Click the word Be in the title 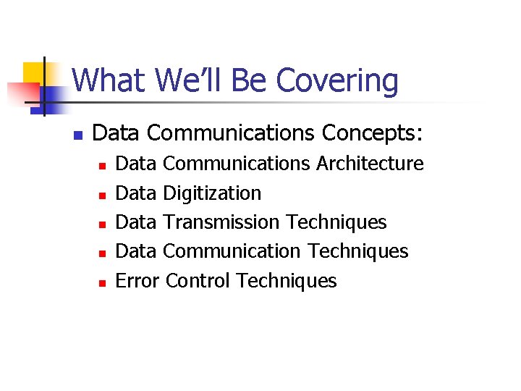(250, 81)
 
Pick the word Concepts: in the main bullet (373, 133)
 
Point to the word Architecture (370, 164)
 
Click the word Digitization (212, 193)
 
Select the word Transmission (221, 222)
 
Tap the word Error (137, 281)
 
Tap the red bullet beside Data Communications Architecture (102, 166)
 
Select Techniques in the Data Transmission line (336, 222)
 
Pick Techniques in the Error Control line (287, 281)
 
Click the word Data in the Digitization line (136, 193)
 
